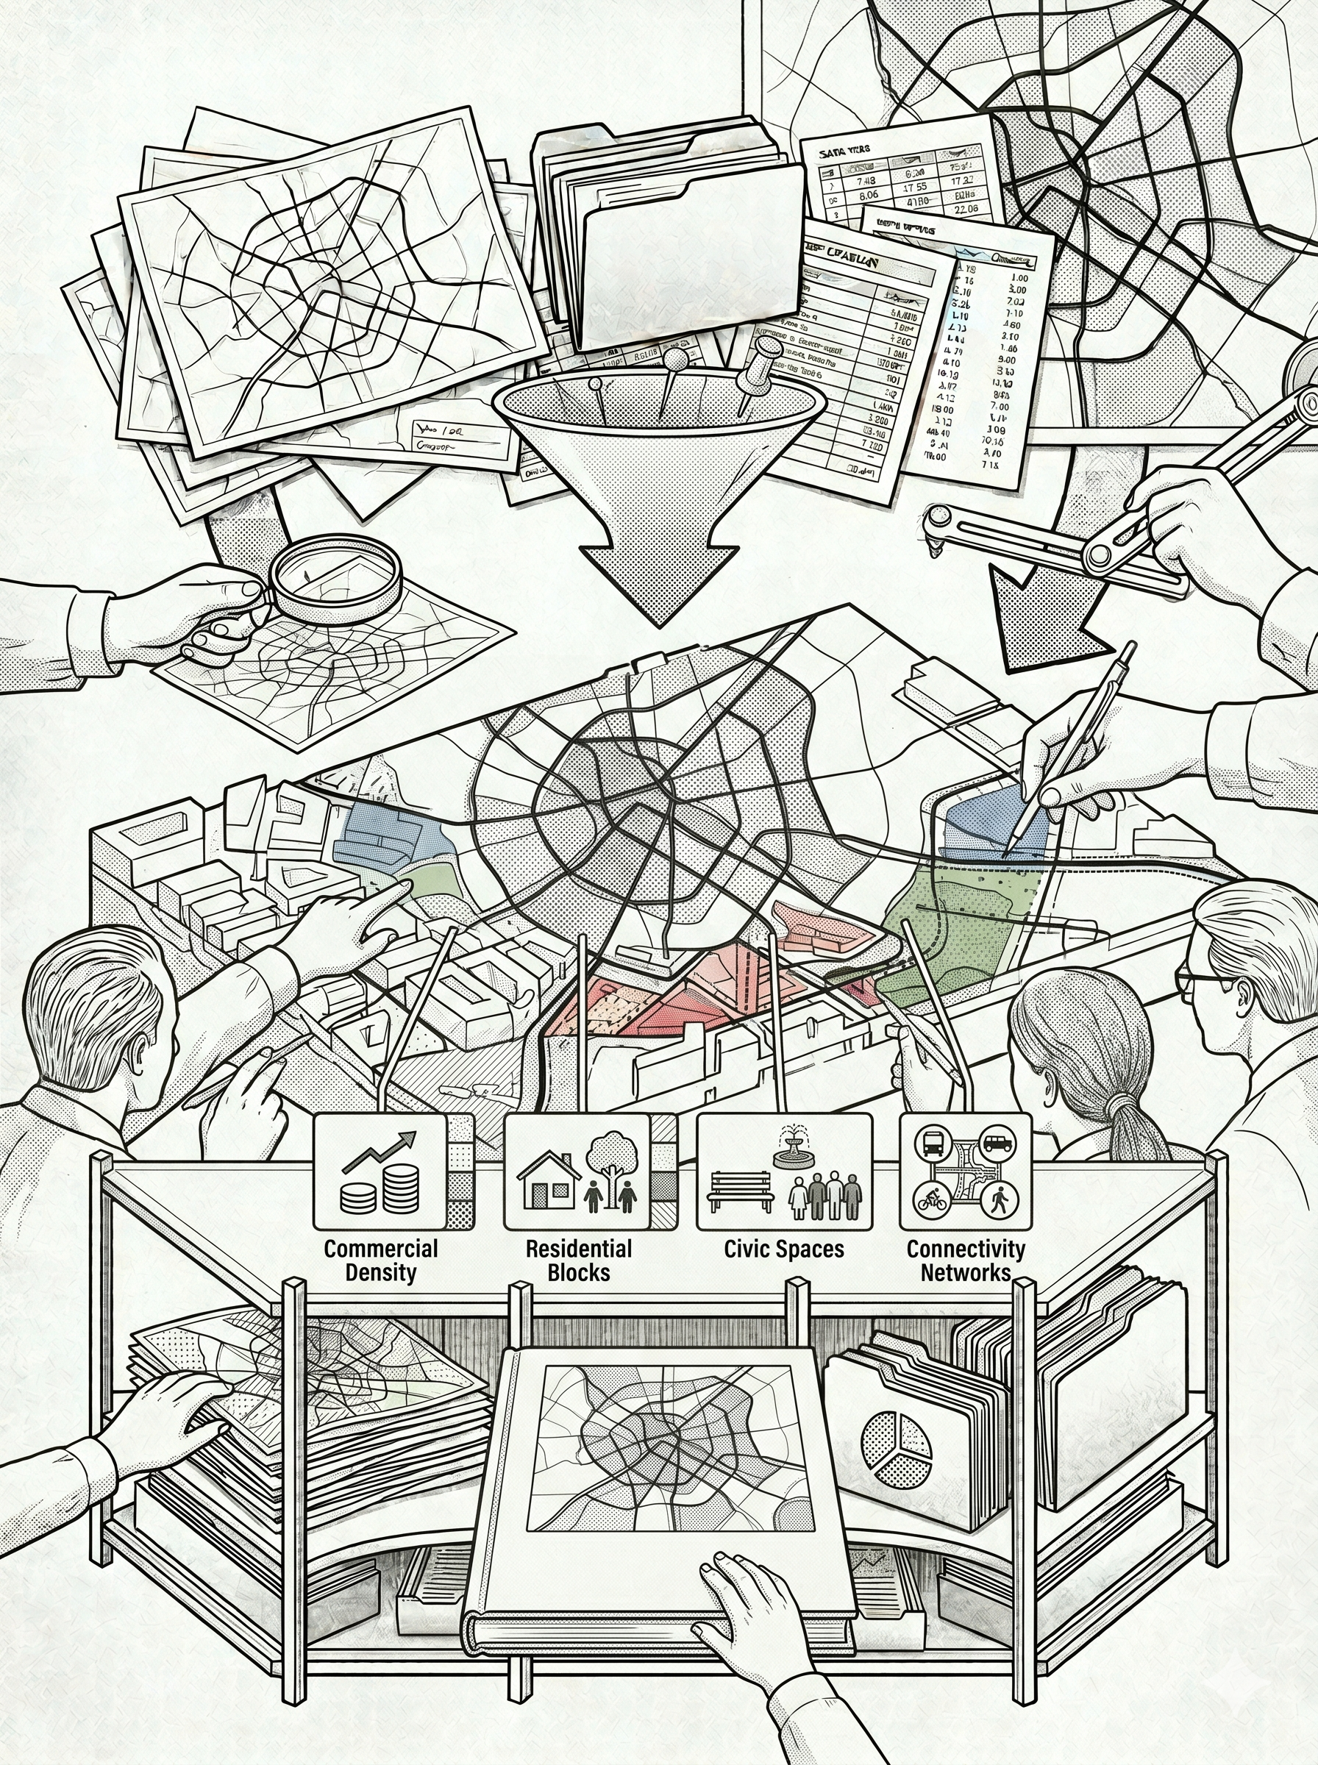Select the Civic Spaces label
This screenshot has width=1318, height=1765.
point(783,1248)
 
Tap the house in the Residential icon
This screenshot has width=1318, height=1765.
point(548,1180)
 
